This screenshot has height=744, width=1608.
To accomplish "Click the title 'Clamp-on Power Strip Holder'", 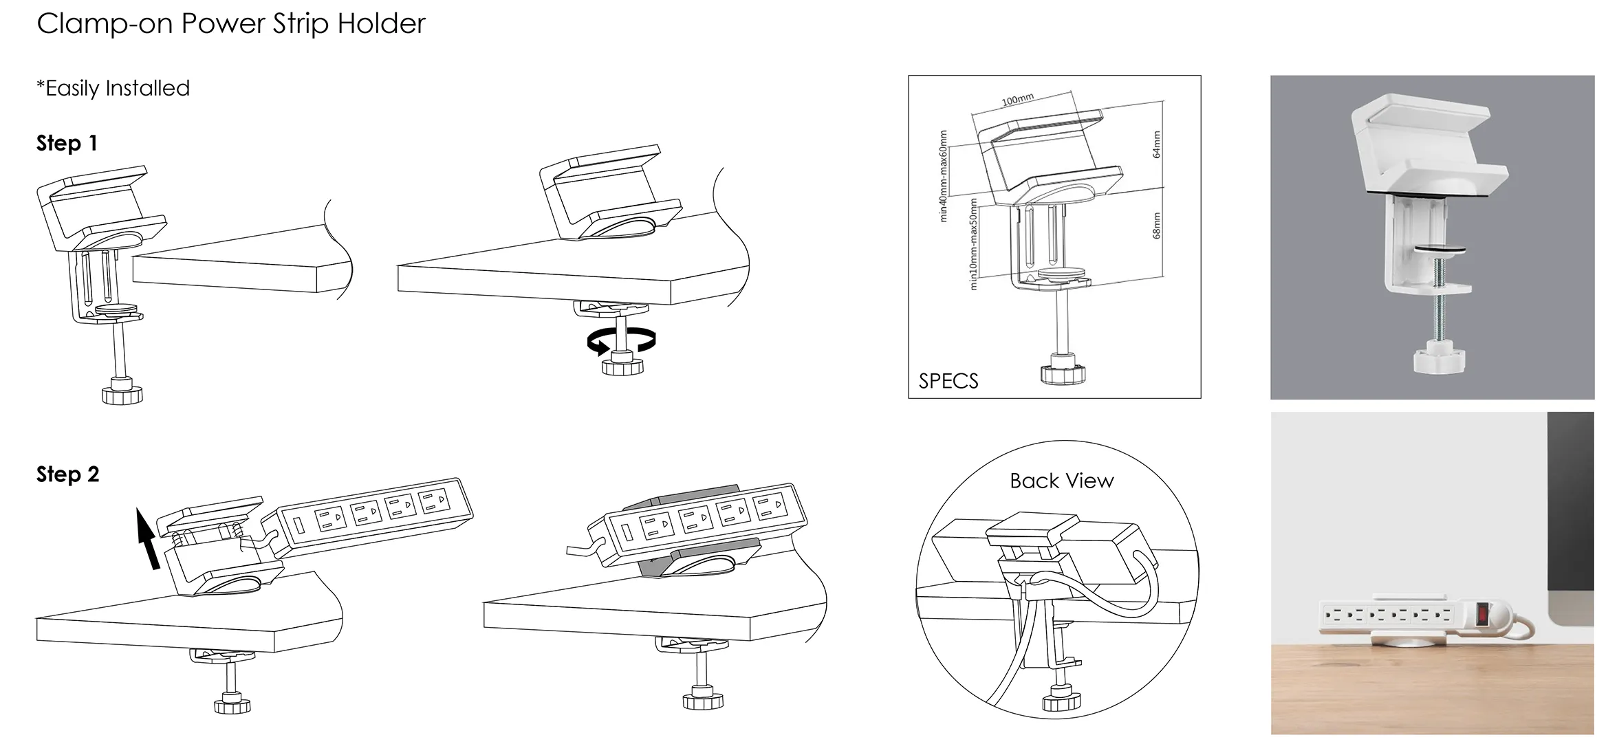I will [231, 23].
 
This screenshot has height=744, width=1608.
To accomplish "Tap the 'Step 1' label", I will [67, 143].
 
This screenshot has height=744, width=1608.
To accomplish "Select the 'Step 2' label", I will [67, 474].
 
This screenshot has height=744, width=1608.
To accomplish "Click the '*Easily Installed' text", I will [113, 88].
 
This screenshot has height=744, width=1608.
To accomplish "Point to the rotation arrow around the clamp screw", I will [621, 340].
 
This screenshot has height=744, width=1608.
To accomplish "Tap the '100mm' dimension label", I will [1017, 100].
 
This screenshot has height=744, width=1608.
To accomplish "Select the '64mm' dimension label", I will [1156, 144].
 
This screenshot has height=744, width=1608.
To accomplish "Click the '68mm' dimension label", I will [1156, 226].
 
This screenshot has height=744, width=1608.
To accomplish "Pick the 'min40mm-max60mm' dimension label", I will [943, 176].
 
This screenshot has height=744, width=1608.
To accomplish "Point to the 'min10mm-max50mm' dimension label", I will [973, 243].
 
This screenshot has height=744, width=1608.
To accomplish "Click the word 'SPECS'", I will [948, 381].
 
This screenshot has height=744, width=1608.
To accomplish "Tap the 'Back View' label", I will [1061, 481].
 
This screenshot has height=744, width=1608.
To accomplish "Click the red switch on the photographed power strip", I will [1484, 613].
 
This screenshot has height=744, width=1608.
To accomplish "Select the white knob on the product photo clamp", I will [1435, 359].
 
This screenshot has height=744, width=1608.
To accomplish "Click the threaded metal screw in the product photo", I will [1435, 303].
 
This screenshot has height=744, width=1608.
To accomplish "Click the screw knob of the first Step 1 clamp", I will [122, 395].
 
